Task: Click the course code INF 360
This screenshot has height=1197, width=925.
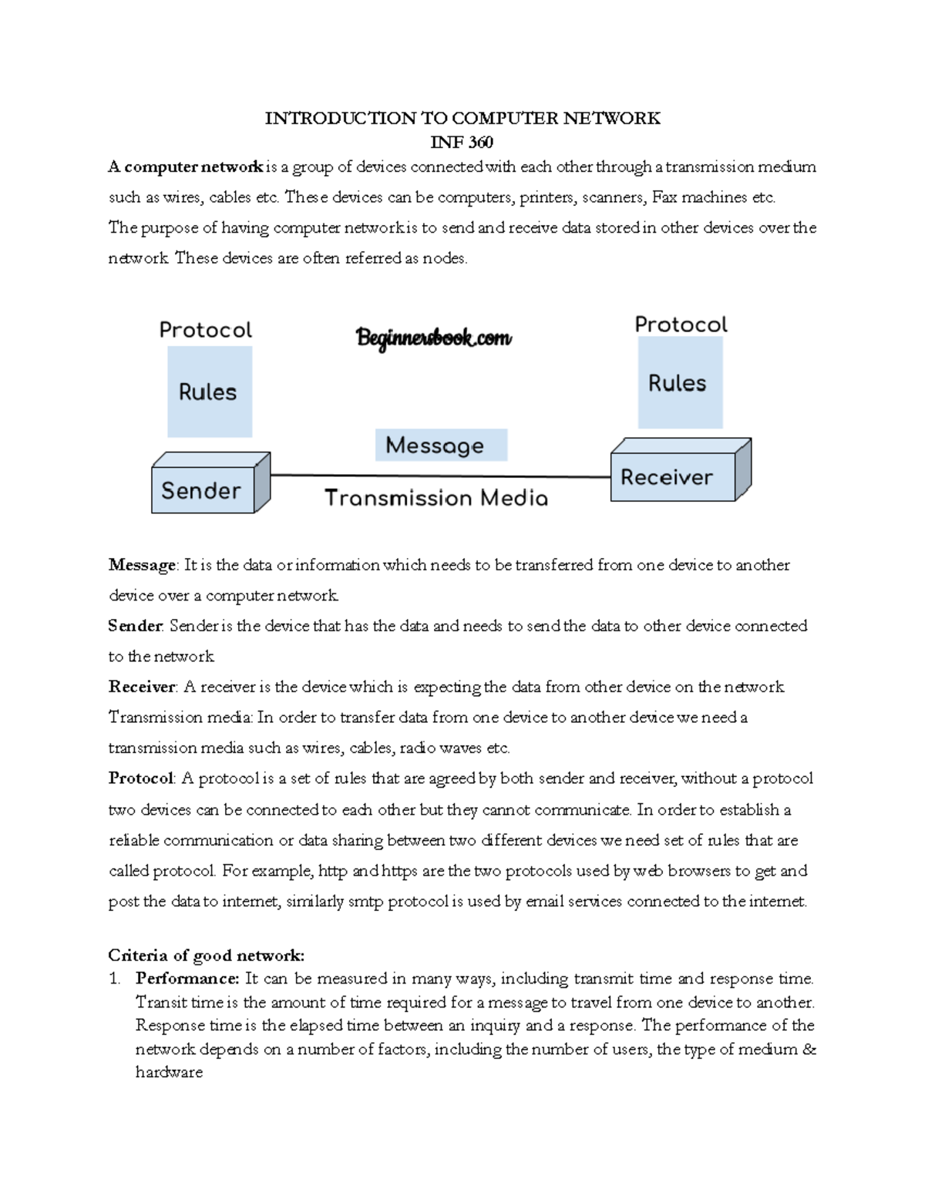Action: [462, 142]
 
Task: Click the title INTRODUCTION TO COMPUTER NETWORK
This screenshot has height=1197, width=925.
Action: [462, 118]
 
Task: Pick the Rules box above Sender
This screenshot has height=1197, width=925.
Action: [209, 392]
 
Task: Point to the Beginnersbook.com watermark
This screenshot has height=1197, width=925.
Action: [434, 338]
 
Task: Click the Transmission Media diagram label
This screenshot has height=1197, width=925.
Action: [436, 499]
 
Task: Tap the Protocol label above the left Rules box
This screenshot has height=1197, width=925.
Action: [205, 331]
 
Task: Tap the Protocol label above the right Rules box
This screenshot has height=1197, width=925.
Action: [681, 324]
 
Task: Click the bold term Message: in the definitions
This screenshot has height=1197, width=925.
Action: [143, 565]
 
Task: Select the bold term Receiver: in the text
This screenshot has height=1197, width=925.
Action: [143, 687]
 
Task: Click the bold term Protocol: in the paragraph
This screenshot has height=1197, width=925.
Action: [143, 778]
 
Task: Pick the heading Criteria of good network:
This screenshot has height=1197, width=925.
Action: [206, 956]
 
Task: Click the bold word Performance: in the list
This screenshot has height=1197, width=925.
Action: [187, 979]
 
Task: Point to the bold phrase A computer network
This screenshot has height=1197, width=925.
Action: [186, 167]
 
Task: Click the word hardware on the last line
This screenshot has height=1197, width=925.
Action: [169, 1072]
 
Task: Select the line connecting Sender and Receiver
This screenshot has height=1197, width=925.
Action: [439, 476]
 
